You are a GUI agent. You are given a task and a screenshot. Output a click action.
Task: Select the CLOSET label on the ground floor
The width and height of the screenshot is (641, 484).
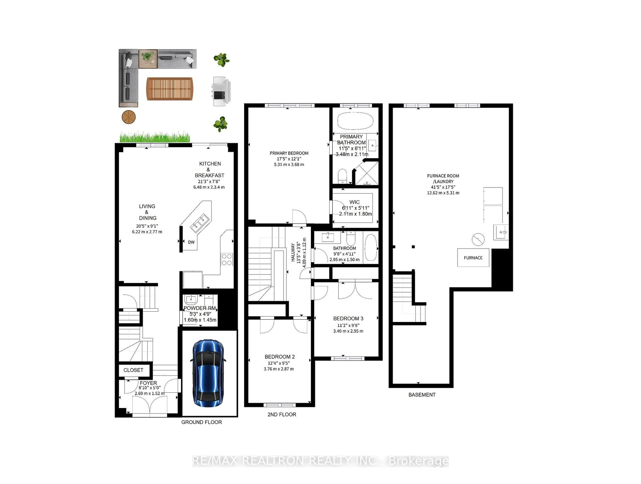click(133, 370)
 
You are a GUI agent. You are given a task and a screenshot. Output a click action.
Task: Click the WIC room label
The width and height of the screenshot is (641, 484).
click(354, 202)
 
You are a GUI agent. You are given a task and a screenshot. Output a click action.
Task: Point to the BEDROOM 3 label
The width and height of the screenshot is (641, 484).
click(348, 318)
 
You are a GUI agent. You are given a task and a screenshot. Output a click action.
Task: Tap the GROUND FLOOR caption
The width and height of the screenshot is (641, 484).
click(201, 422)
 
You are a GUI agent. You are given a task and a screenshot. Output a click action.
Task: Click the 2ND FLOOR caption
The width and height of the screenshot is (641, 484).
click(282, 414)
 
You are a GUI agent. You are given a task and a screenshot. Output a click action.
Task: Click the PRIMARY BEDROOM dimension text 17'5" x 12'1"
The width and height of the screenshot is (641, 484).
click(289, 159)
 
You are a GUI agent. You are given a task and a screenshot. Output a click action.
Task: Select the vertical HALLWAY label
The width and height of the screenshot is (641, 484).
click(293, 252)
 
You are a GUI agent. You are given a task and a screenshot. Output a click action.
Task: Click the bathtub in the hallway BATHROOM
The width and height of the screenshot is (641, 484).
click(371, 248)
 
